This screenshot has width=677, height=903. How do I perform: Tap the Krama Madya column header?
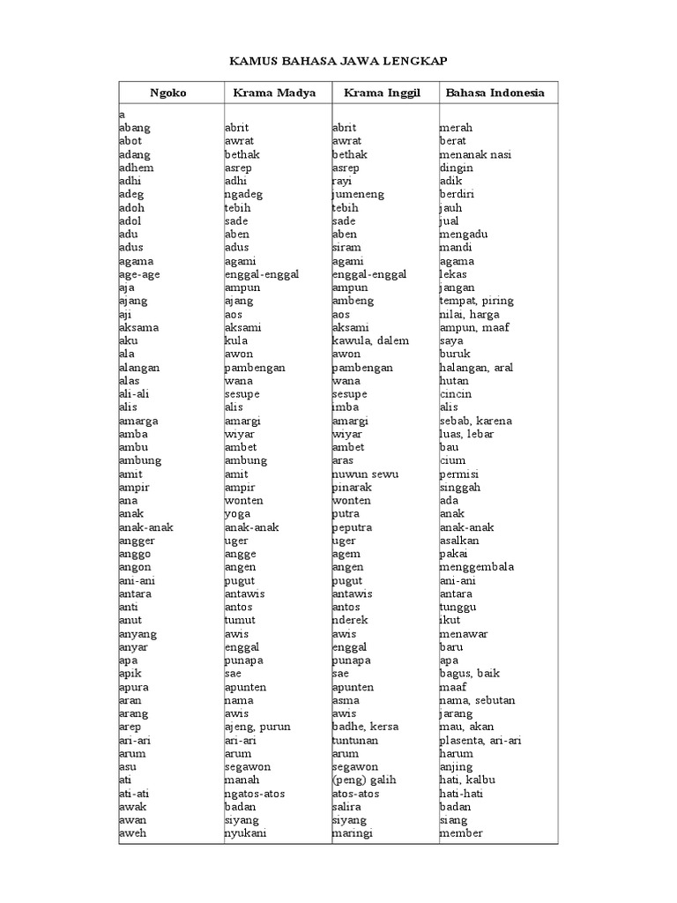click(x=276, y=92)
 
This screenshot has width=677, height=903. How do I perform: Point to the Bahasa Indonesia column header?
click(x=495, y=92)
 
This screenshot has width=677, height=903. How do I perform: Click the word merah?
click(x=456, y=128)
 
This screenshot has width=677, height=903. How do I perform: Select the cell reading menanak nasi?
click(x=475, y=154)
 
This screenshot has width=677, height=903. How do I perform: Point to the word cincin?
click(x=456, y=394)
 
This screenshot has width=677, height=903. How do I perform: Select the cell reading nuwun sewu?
click(x=365, y=474)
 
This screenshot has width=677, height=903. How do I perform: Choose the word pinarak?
click(x=353, y=487)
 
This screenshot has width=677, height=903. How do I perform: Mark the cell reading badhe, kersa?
click(x=365, y=727)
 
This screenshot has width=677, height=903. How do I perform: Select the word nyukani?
click(x=246, y=833)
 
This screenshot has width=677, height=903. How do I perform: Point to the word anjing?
click(x=456, y=766)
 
